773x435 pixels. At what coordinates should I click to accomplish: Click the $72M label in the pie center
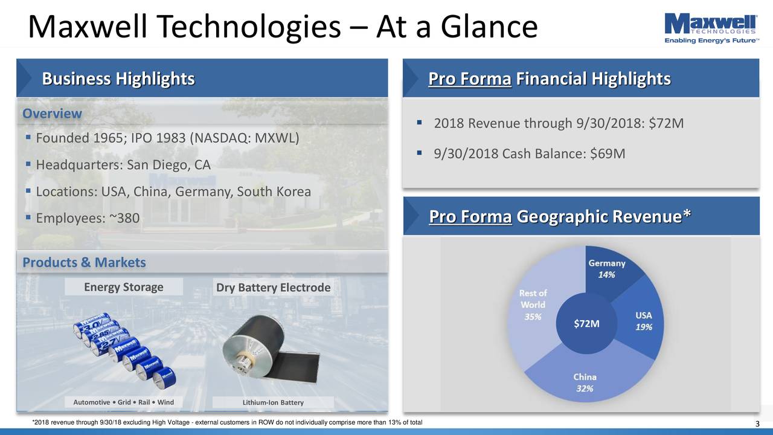click(x=586, y=324)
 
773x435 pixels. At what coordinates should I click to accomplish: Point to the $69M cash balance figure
click(x=607, y=154)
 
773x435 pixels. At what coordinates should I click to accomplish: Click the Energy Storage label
click(x=123, y=287)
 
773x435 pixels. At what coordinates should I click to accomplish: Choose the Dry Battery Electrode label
click(x=273, y=288)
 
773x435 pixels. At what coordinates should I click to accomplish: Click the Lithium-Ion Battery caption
click(x=273, y=403)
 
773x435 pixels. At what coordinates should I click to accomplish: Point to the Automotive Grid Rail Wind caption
click(x=123, y=403)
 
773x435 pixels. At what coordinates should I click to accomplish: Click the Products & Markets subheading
click(x=84, y=263)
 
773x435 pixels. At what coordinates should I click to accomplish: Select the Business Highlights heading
click(x=118, y=79)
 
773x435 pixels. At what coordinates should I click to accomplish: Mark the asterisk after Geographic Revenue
click(x=687, y=214)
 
